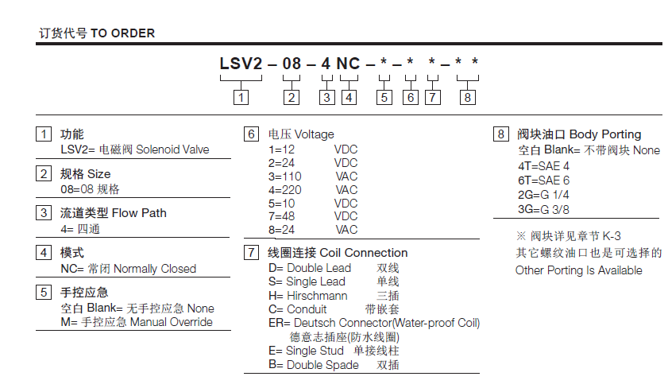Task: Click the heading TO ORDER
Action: point(122,33)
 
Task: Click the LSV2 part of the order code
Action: point(241,64)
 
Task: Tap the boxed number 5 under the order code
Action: point(384,98)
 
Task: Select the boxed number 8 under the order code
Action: point(467,98)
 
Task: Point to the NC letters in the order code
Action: point(348,64)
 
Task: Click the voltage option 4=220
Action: point(285,190)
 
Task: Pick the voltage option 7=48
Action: point(282,216)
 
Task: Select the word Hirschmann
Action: point(317,296)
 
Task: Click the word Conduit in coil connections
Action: point(307,309)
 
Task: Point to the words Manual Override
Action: point(172,322)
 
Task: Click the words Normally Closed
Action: point(155,269)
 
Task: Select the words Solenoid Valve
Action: point(172,149)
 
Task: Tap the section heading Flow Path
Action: point(139,213)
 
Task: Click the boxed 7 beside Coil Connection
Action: point(251,253)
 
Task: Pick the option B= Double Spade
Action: point(314,365)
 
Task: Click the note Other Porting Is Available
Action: point(578,270)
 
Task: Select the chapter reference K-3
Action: point(612,236)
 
